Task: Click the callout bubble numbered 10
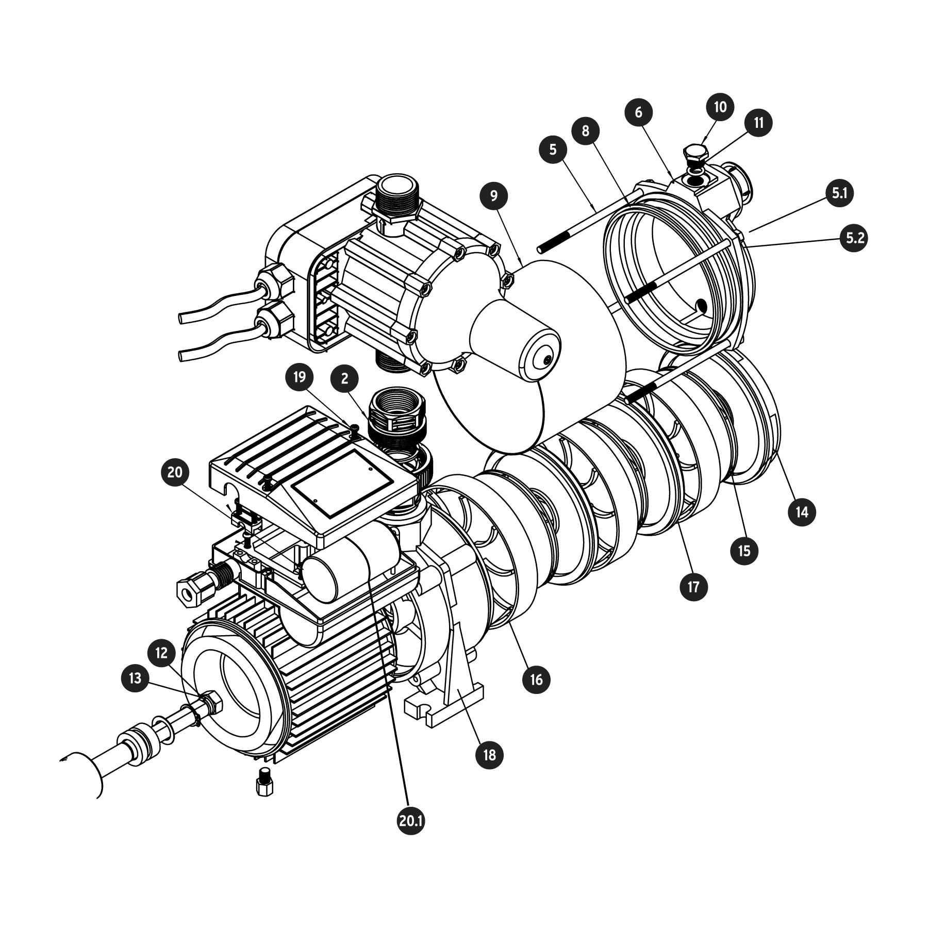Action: coord(720,107)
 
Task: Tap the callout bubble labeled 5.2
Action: coord(854,238)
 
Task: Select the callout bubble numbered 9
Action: coord(493,196)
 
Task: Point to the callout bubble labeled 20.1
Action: coord(411,835)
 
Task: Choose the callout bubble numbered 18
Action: coord(489,755)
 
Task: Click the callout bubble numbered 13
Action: coord(135,677)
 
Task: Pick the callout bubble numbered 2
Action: coord(345,378)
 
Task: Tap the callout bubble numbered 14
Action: coord(802,512)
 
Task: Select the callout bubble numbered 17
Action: coord(693,587)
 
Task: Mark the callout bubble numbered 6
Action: coord(639,112)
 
